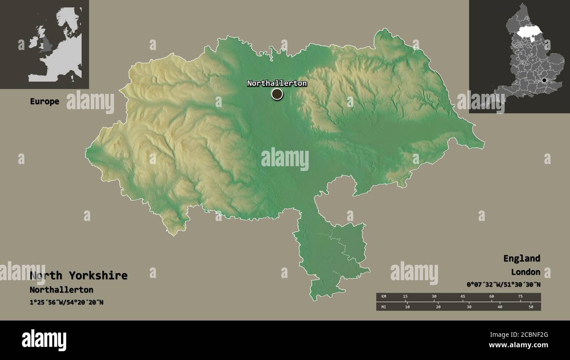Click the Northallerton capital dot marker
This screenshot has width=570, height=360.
point(277,94)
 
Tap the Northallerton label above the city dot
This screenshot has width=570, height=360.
point(277,83)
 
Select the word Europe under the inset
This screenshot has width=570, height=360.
point(44,101)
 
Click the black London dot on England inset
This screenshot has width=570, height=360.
point(544,80)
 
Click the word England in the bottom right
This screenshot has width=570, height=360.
point(521,258)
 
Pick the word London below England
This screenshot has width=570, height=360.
point(525,272)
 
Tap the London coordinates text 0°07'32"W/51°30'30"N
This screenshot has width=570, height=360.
point(503,284)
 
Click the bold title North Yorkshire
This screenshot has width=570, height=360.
point(79,275)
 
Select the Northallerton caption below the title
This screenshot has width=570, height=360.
point(61,290)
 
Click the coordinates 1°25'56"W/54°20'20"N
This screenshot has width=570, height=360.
point(67,302)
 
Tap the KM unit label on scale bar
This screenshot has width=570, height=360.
point(384,297)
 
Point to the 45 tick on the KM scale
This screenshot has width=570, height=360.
point(463,297)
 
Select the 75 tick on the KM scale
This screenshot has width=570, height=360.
point(520,297)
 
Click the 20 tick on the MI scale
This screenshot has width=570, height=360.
point(438,307)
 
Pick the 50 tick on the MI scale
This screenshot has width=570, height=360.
point(531,307)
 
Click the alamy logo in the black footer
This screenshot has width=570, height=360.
point(44,340)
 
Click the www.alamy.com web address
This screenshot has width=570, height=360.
point(518,345)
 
